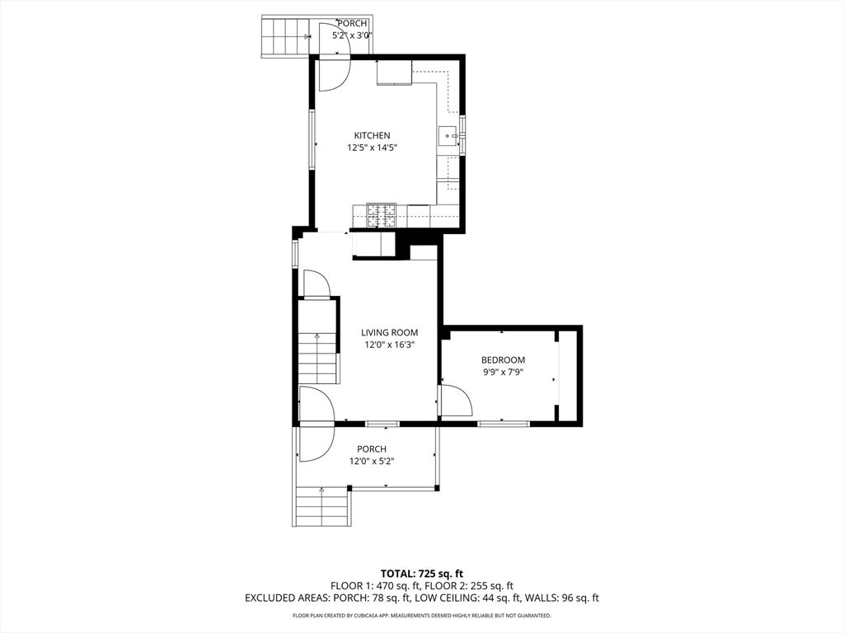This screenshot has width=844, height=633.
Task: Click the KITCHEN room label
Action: pos(372,136)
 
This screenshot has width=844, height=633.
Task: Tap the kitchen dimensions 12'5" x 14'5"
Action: pos(372,148)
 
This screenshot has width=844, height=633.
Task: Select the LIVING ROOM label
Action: pos(389,333)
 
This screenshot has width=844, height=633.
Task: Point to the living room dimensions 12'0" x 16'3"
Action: pos(389,345)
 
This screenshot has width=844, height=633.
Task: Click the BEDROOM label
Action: pos(503,360)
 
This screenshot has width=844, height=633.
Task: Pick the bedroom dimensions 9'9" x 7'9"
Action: pos(503,373)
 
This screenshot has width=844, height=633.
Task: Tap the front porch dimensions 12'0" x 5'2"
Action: pos(372,462)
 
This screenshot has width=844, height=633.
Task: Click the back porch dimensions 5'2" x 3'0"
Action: pos(352,36)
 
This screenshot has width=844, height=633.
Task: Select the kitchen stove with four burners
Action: pos(380,215)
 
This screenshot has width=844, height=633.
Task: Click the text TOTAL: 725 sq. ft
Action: pos(421,573)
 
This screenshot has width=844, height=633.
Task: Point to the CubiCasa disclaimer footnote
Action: pos(421,616)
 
